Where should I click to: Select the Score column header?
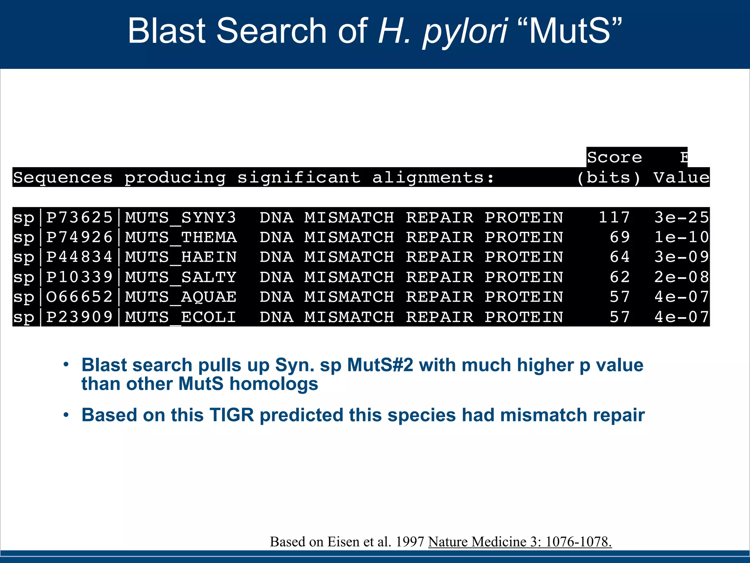615,158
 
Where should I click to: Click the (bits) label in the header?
609,178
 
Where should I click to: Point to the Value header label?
682,178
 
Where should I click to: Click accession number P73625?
79,217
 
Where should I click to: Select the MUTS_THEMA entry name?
181,238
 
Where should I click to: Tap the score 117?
614,217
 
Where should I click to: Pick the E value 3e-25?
682,217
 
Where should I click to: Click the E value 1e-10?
682,238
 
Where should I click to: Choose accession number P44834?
79,257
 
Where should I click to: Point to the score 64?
620,257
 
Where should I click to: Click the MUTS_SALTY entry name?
181,277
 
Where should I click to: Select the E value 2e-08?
682,277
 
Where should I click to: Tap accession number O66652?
79,297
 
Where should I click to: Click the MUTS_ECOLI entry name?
181,317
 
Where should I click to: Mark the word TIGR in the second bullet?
231,415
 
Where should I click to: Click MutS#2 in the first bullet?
380,365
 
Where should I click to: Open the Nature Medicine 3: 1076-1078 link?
520,542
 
